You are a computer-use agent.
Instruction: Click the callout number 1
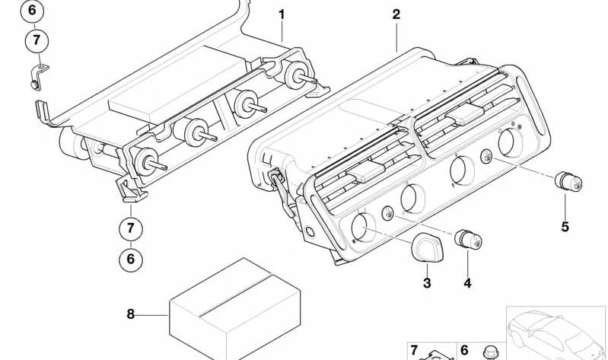click(x=281, y=14)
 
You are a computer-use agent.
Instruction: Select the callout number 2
click(x=396, y=14)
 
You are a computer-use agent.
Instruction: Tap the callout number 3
click(x=427, y=283)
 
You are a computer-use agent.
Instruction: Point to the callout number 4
click(x=467, y=283)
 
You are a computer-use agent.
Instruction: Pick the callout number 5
click(x=565, y=226)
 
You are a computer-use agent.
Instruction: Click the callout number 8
click(x=131, y=313)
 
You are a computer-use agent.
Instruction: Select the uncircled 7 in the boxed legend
click(x=414, y=350)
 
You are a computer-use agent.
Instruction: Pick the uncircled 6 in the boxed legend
click(x=463, y=350)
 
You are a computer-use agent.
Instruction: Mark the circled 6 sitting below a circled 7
click(x=131, y=259)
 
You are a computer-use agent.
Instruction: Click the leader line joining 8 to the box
click(x=152, y=313)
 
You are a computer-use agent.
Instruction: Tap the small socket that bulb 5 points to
click(x=485, y=158)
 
